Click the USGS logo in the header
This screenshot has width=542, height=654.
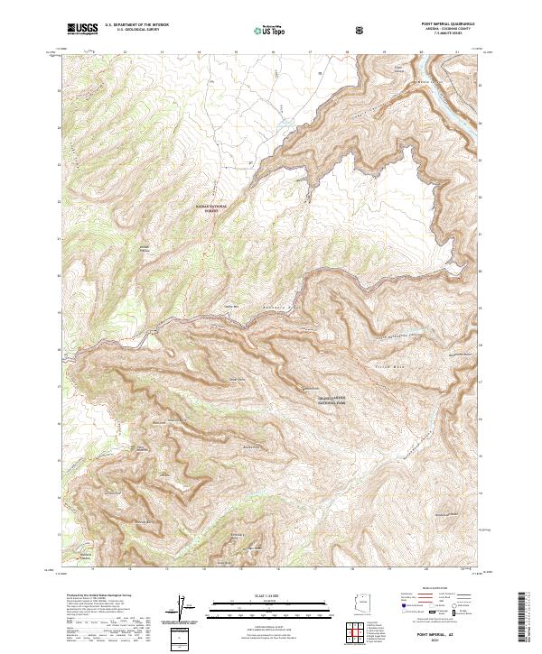click(x=82, y=30)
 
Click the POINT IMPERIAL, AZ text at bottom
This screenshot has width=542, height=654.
click(x=449, y=632)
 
